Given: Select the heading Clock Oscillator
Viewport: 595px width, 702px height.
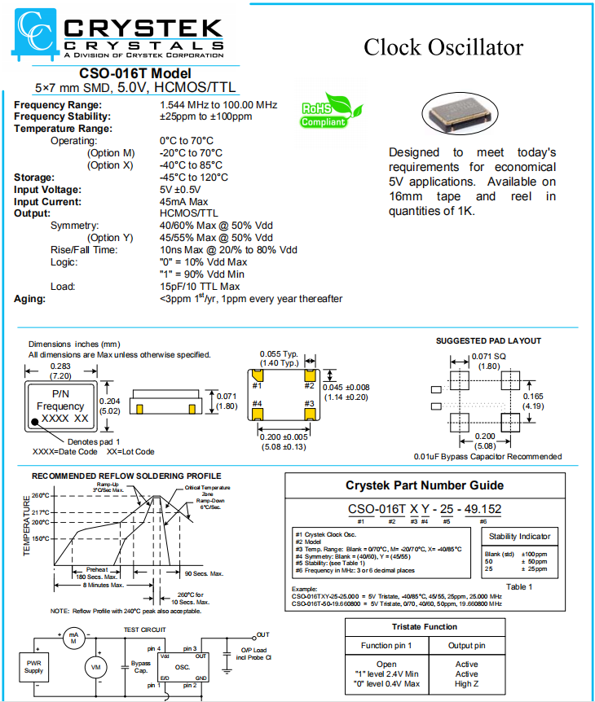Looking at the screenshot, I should coord(443,47).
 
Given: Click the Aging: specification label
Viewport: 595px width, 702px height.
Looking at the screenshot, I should coord(30,299).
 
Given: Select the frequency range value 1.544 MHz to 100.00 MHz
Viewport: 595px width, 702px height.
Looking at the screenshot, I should coord(218,105).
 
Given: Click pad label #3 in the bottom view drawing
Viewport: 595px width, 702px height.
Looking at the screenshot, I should coord(309,402).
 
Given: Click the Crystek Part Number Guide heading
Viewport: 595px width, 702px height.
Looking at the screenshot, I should coord(424,485).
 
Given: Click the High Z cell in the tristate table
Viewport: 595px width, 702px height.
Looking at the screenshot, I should coord(466,683).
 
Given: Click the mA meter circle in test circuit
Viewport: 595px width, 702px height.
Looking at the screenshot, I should coord(73,636).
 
